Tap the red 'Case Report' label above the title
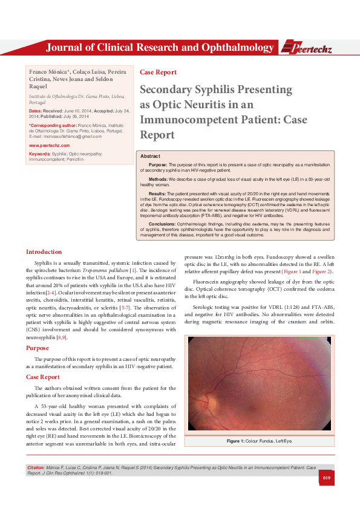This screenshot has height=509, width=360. (158, 72)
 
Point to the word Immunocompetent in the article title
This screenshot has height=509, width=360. (182, 120)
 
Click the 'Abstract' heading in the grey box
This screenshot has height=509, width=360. (151, 156)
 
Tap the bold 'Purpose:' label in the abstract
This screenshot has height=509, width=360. (158, 164)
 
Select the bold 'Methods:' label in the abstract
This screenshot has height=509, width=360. (159, 180)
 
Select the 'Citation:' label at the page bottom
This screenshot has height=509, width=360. (36, 468)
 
